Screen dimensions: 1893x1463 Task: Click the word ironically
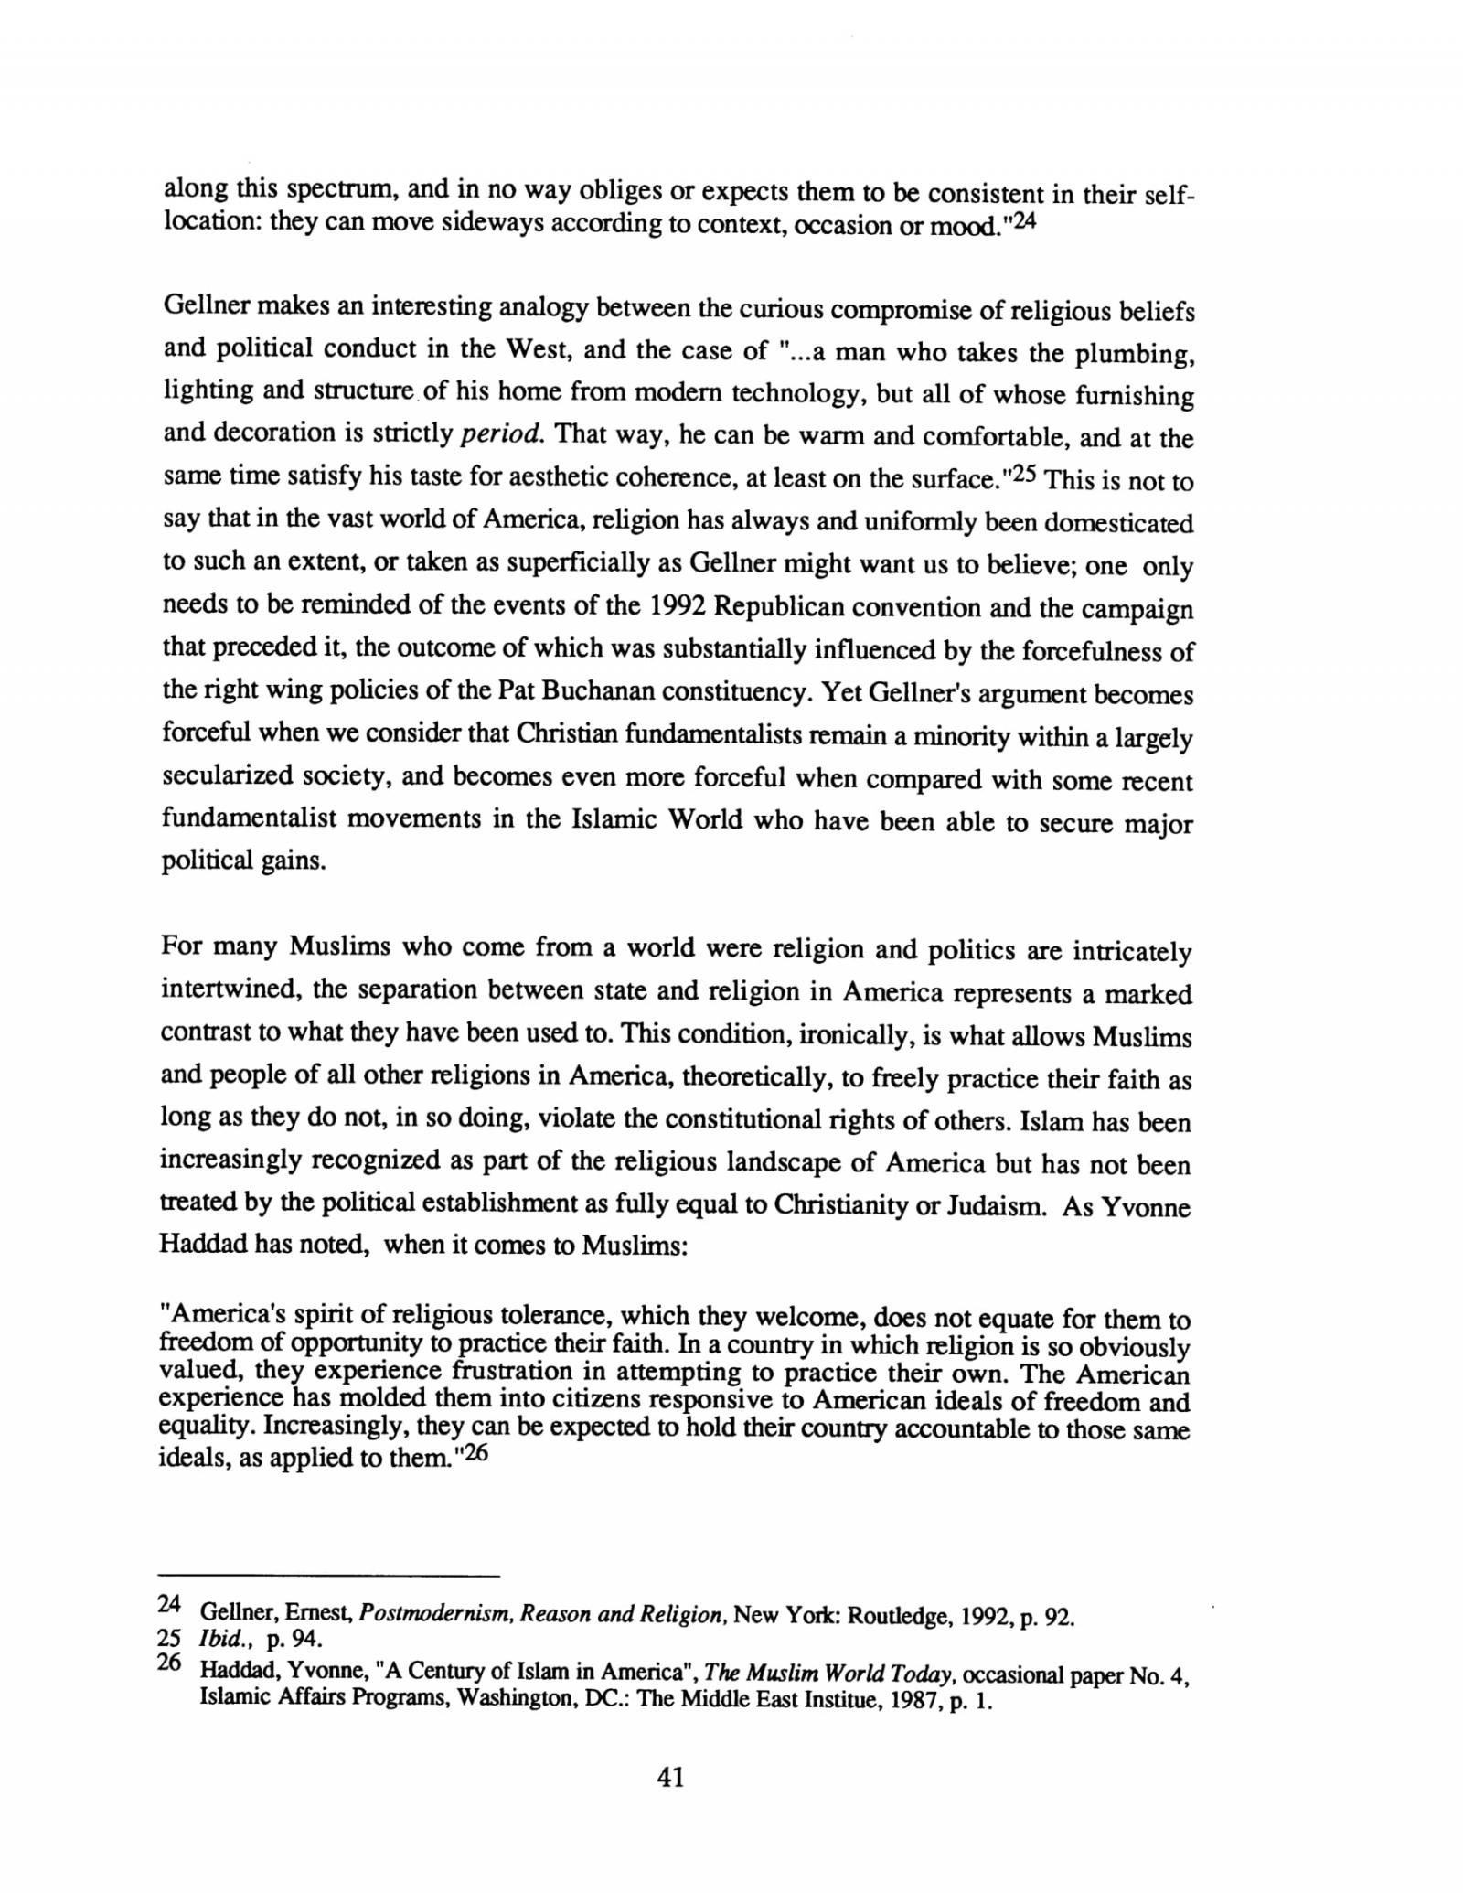[850, 1036]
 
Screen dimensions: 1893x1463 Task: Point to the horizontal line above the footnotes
[330, 1577]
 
